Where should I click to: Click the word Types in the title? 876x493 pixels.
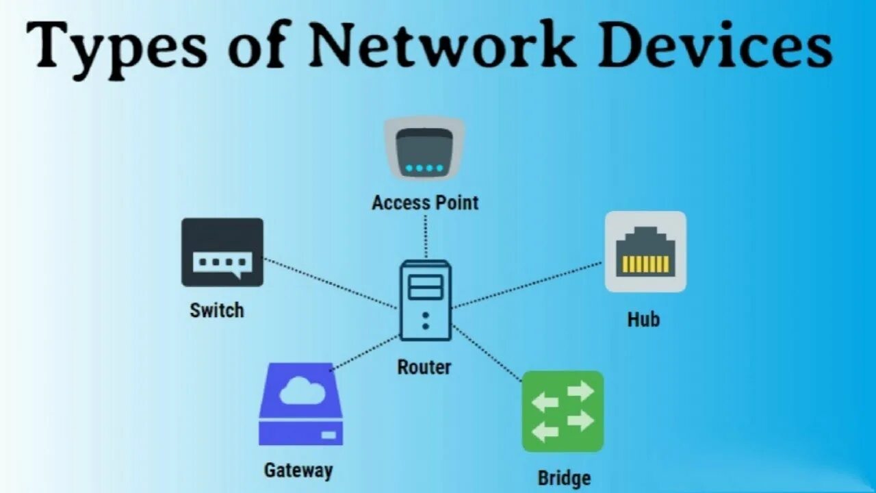[116, 47]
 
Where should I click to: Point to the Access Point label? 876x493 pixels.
[425, 203]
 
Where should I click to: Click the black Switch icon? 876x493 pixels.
[222, 252]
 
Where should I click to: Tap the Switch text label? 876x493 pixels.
[217, 310]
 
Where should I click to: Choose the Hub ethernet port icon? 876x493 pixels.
[645, 251]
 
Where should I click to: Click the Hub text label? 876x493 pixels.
[643, 319]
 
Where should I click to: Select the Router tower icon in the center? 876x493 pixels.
[426, 300]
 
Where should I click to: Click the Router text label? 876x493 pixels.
[424, 367]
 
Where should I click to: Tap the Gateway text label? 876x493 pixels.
[298, 470]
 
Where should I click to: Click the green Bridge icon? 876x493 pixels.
[563, 411]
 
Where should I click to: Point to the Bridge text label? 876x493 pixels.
[564, 477]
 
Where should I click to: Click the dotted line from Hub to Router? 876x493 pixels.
[527, 284]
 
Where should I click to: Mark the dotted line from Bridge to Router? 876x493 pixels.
[487, 353]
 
